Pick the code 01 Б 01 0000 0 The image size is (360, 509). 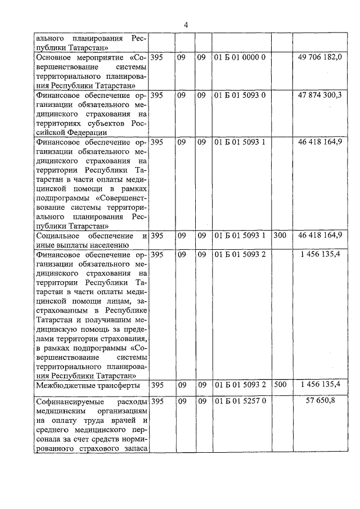[x=240, y=58]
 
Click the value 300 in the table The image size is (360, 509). [x=280, y=235]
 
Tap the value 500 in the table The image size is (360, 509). [x=280, y=385]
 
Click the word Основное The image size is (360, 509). [x=55, y=58]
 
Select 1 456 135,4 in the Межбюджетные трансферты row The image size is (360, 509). [x=321, y=385]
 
